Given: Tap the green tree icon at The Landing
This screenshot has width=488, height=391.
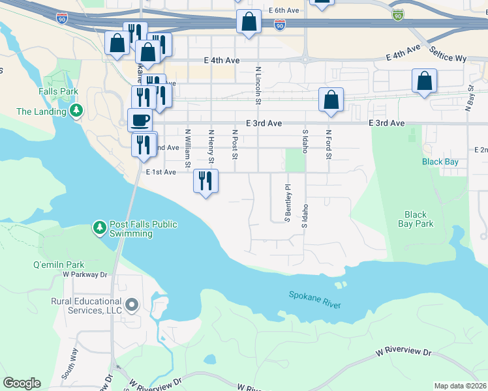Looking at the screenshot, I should pyautogui.click(x=77, y=111).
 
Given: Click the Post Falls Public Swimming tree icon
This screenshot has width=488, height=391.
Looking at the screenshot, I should pyautogui.click(x=100, y=227).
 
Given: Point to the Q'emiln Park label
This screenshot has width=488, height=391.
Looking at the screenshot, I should pyautogui.click(x=59, y=265).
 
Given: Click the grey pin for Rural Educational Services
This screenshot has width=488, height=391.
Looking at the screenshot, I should pyautogui.click(x=132, y=305).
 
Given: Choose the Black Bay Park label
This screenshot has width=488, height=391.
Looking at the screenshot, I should pyautogui.click(x=416, y=219).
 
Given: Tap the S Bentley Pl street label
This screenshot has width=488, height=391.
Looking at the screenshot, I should pyautogui.click(x=286, y=203).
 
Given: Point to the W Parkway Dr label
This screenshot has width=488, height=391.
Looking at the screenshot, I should pyautogui.click(x=84, y=274).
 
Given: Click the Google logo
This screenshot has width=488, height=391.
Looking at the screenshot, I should pyautogui.click(x=22, y=383).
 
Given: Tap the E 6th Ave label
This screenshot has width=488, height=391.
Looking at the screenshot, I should pyautogui.click(x=283, y=11).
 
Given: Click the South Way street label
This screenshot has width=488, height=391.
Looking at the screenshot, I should pyautogui.click(x=69, y=364).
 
